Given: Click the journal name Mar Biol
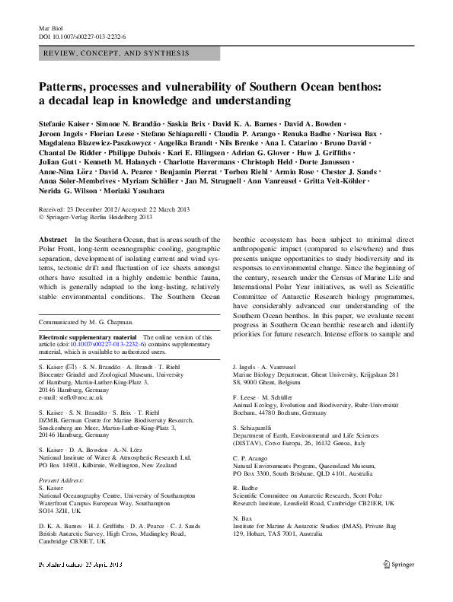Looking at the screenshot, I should click(x=50, y=27).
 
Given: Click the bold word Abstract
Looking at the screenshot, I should click(x=52, y=240).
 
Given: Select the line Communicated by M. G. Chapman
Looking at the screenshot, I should click(x=88, y=321).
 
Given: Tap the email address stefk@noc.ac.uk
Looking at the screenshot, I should click(x=75, y=398).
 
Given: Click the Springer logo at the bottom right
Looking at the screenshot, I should click(x=397, y=565).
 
